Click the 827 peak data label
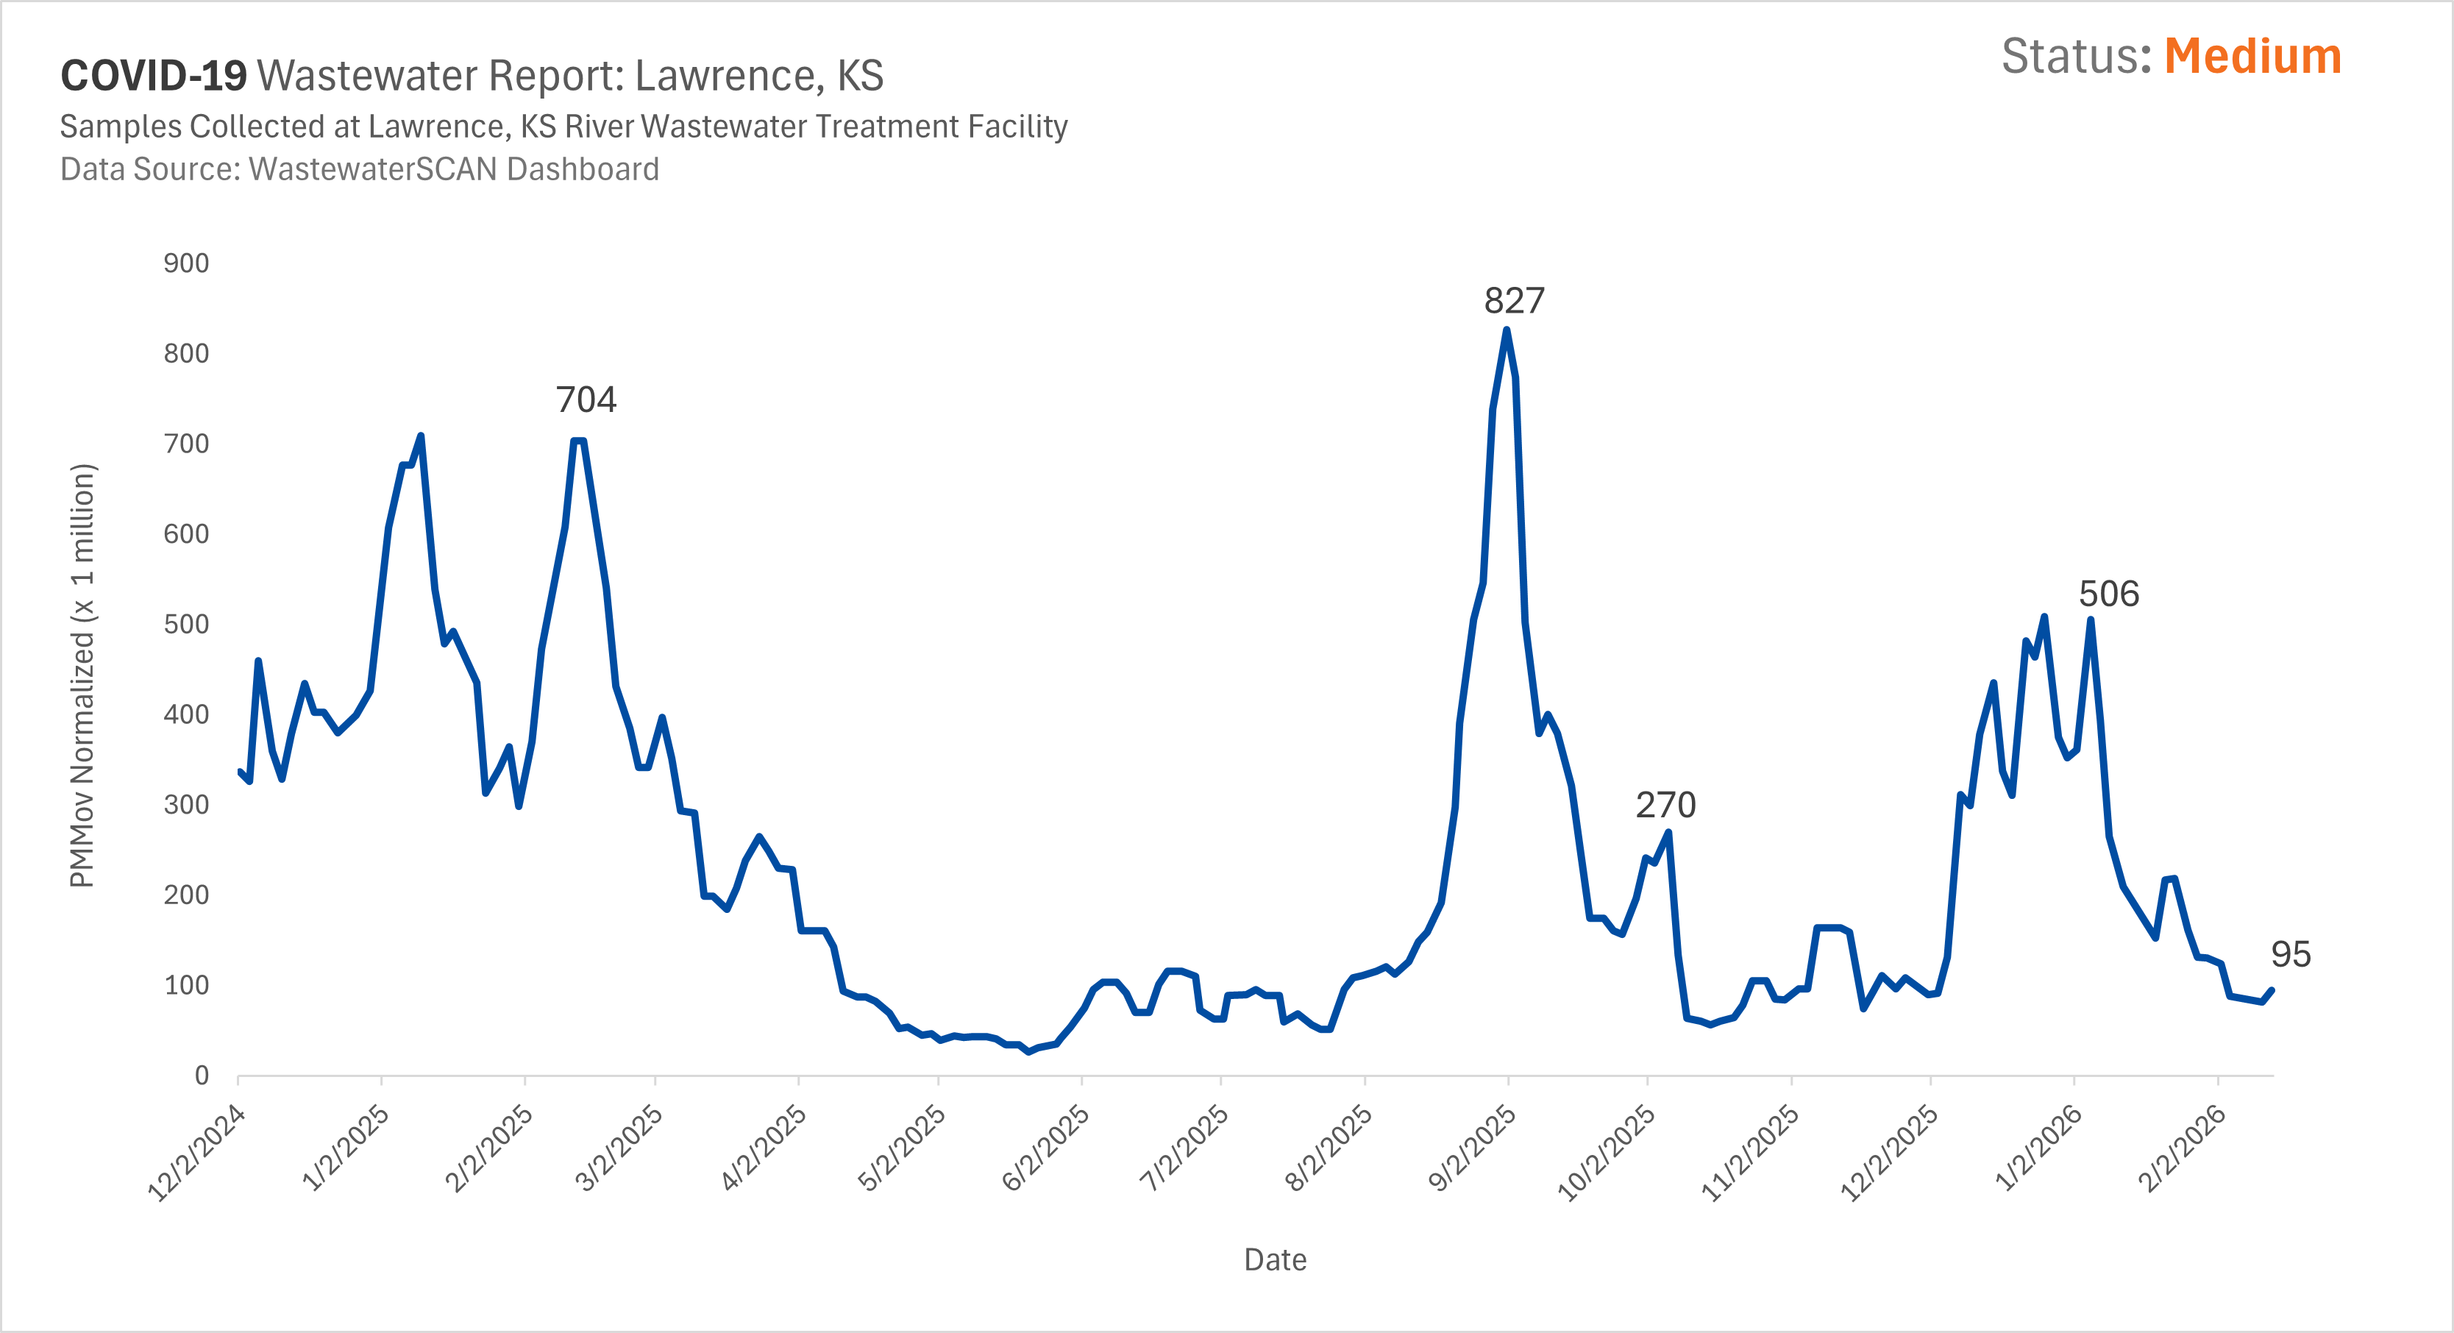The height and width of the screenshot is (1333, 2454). pyautogui.click(x=1514, y=301)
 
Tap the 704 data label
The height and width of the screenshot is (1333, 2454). pyautogui.click(x=586, y=400)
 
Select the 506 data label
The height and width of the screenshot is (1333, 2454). pyautogui.click(x=2108, y=594)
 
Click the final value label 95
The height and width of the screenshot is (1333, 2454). pyautogui.click(x=2290, y=955)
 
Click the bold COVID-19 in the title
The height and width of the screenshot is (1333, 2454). pyautogui.click(x=153, y=77)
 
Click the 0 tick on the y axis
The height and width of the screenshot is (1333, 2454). pyautogui.click(x=201, y=1076)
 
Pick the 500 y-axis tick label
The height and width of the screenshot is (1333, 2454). pyautogui.click(x=186, y=624)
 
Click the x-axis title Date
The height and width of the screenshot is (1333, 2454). pyautogui.click(x=1275, y=1259)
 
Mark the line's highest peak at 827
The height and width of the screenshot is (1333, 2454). pyautogui.click(x=1506, y=330)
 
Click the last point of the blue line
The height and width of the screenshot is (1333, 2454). pyautogui.click(x=2272, y=990)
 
